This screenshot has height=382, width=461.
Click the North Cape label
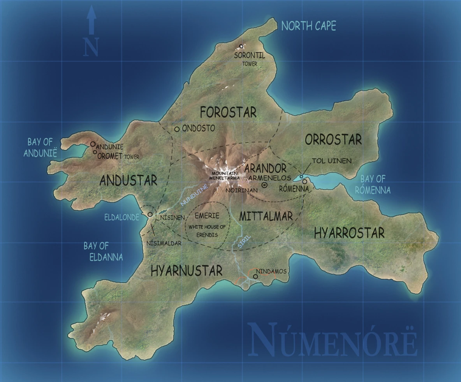pyautogui.click(x=308, y=26)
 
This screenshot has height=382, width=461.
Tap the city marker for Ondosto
pyautogui.click(x=177, y=129)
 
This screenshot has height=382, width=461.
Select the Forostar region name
pyautogui.click(x=228, y=113)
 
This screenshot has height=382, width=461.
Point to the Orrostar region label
pyautogui.click(x=333, y=139)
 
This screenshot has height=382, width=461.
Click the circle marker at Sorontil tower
pyautogui.click(x=241, y=46)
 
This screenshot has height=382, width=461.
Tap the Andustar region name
pyautogui.click(x=128, y=180)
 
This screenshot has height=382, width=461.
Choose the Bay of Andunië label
pyautogui.click(x=40, y=148)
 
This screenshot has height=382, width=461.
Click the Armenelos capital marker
pyautogui.click(x=264, y=185)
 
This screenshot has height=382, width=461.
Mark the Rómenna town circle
pyautogui.click(x=304, y=181)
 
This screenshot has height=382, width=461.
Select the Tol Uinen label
pyautogui.click(x=332, y=161)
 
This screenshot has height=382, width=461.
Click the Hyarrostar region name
pyautogui.click(x=349, y=233)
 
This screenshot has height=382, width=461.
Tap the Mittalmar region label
pyautogui.click(x=266, y=217)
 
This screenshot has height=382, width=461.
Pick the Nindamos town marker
pyautogui.click(x=255, y=276)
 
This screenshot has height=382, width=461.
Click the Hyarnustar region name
pyautogui.click(x=187, y=271)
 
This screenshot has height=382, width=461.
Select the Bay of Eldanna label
pyautogui.click(x=103, y=251)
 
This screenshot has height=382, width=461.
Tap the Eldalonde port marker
pyautogui.click(x=150, y=214)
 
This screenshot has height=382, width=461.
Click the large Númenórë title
pyautogui.click(x=333, y=341)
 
